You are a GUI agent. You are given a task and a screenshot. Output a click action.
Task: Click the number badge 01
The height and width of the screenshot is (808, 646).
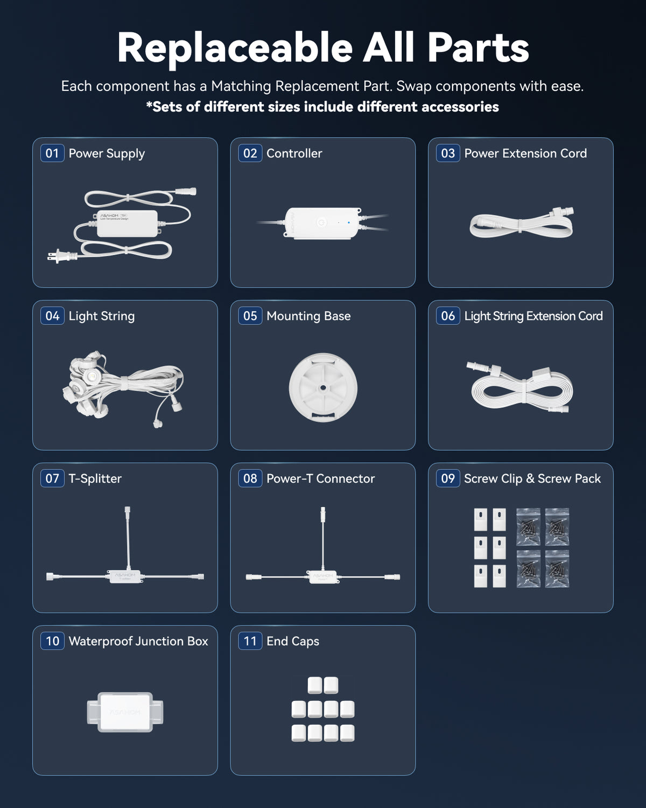(52, 153)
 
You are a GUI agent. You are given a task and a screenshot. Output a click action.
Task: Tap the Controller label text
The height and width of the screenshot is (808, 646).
(294, 153)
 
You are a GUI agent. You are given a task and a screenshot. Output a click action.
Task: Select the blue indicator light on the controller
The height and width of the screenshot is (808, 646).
(349, 222)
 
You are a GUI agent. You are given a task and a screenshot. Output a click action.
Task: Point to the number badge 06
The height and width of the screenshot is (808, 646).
(448, 316)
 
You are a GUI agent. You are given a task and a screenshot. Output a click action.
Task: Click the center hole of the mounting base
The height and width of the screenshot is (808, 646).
(323, 387)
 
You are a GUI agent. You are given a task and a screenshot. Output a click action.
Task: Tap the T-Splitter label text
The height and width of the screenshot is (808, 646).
(95, 478)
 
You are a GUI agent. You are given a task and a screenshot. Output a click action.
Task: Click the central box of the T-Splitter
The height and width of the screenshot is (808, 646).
(125, 576)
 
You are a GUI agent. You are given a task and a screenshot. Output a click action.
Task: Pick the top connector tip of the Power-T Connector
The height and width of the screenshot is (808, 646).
(323, 509)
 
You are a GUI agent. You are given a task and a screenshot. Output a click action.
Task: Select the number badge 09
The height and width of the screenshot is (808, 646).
(448, 478)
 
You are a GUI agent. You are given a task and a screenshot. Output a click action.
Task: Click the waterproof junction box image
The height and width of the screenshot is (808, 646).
(125, 712)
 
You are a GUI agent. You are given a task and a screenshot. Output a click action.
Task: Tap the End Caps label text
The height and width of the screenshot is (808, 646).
(293, 641)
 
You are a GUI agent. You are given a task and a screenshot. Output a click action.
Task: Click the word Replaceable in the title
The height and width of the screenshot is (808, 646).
(235, 48)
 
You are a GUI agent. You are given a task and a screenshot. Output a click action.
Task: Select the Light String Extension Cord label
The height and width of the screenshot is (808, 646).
(533, 316)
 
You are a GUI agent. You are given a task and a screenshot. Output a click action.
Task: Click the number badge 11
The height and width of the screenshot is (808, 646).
(250, 641)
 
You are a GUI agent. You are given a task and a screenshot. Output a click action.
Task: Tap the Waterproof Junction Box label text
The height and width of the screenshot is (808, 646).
(138, 641)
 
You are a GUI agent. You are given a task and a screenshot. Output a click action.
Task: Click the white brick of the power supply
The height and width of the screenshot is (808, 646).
(127, 224)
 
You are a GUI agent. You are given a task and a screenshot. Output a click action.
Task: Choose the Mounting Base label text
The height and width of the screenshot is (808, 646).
(308, 316)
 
